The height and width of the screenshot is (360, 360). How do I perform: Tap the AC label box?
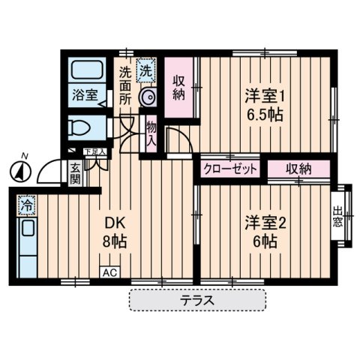point(109,273)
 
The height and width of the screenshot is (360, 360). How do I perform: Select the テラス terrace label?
point(197,300)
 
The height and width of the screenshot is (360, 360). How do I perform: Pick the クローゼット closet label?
point(230,169)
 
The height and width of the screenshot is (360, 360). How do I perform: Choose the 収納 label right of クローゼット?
point(297,169)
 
